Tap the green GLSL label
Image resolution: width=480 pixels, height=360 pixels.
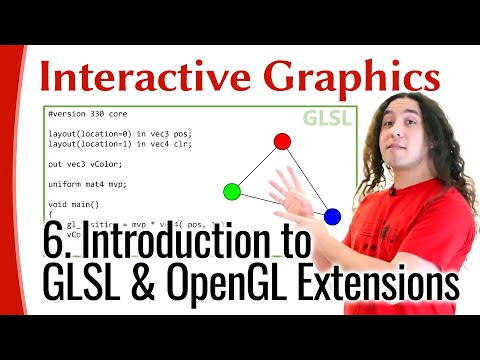pos(330,118)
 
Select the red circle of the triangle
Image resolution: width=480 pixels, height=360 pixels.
pos(282,141)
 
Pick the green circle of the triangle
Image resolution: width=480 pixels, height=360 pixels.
pos(232,191)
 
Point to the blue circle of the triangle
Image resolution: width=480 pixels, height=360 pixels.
pos(333,216)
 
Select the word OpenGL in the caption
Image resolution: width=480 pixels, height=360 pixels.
pos(231,283)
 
